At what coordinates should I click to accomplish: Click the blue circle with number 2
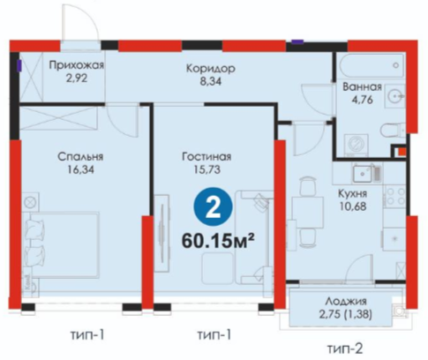tap(213, 206)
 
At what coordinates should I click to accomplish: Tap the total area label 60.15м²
tap(218, 241)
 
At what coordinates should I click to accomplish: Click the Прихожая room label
tap(77, 64)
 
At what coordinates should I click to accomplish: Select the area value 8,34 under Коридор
tap(211, 81)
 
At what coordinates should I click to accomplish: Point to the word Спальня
tap(80, 156)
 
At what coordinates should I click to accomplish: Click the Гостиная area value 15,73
tap(207, 169)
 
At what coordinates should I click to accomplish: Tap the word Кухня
tap(353, 193)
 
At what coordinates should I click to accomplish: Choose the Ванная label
tap(362, 86)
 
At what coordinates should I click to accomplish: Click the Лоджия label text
tap(346, 302)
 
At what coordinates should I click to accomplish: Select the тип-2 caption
tap(345, 349)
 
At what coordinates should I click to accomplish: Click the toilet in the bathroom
tap(393, 131)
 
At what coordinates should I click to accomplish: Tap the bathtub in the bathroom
tap(372, 65)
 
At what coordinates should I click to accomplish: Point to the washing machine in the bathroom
tap(357, 145)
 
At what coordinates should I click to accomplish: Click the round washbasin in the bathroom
tap(394, 95)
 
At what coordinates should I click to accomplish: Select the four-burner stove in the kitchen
tap(394, 197)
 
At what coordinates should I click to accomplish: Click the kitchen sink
tap(363, 173)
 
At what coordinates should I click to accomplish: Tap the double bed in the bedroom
tap(61, 245)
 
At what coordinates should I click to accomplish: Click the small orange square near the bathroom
tap(402, 152)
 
